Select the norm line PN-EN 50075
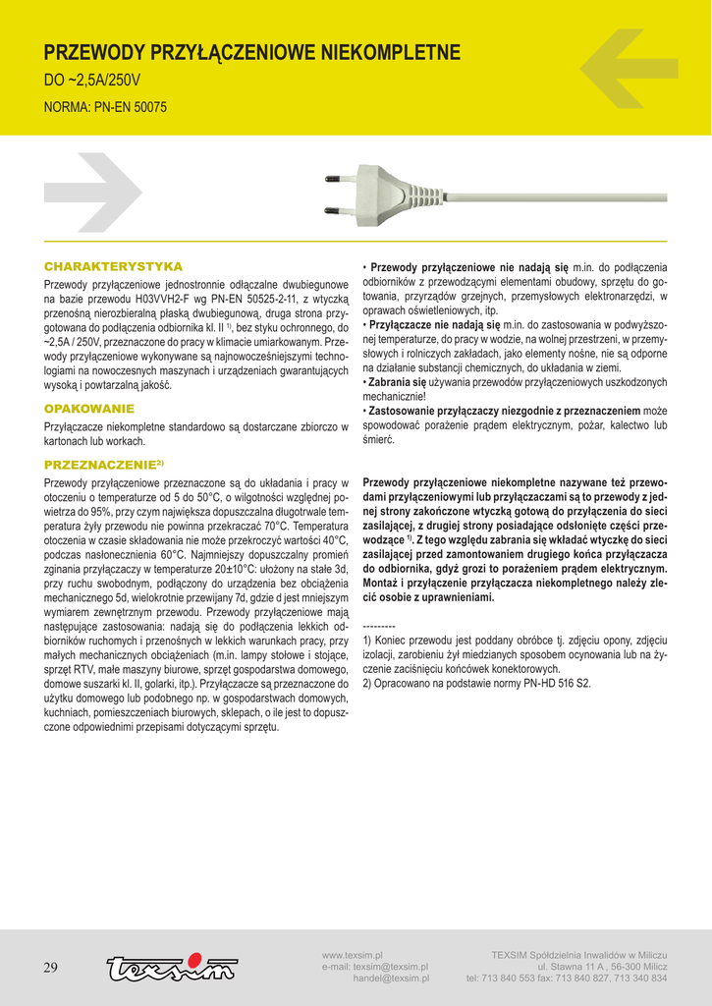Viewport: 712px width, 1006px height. point(106,106)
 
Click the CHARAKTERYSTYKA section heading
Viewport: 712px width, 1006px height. point(113,266)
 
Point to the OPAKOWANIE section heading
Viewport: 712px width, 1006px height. point(89,408)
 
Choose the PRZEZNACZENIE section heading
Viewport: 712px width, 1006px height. point(103,463)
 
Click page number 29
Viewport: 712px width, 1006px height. point(50,968)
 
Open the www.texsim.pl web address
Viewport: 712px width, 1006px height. point(352,955)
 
